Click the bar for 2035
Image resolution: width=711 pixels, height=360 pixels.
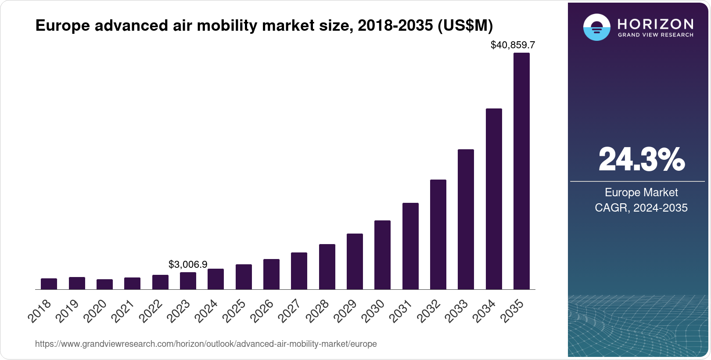(x=521, y=171)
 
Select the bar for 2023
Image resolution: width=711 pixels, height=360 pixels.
(x=188, y=281)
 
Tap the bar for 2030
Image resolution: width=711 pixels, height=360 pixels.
(x=382, y=255)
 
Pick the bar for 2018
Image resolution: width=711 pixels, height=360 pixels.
(x=49, y=284)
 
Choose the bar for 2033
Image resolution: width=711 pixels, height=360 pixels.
(x=466, y=220)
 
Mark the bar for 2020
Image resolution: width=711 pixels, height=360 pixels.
(x=104, y=284)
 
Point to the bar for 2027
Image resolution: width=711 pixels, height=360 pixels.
(x=299, y=271)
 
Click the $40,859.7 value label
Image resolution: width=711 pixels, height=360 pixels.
(x=513, y=45)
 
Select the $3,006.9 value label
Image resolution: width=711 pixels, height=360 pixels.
(x=188, y=264)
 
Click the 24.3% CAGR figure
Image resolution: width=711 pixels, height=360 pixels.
(x=641, y=160)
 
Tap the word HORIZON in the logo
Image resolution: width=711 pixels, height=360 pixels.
(x=655, y=23)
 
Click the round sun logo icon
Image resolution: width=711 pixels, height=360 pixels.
(x=596, y=27)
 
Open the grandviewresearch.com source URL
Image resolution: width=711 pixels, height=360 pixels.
(x=206, y=344)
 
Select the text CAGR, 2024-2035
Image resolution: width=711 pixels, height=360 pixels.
(x=641, y=208)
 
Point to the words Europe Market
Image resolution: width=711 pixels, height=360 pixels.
(x=641, y=192)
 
